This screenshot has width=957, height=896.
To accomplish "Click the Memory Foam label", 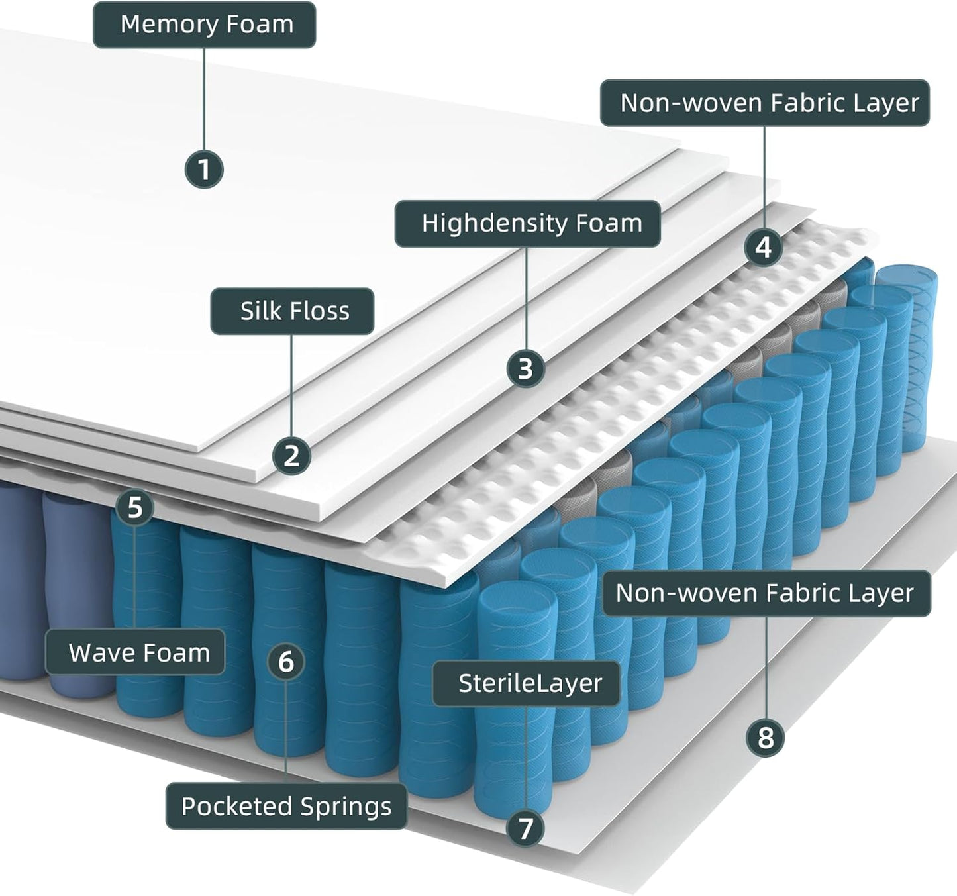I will (204, 25).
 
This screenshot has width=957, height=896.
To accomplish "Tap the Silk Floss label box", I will (292, 311).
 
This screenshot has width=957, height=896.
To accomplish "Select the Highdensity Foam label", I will (528, 224).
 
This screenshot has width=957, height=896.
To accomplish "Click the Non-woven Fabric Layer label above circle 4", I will (765, 103).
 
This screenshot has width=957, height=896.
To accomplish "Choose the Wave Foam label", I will (135, 653).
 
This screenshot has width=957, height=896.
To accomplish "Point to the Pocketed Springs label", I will (286, 807).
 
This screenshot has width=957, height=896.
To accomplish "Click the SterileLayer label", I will (527, 683).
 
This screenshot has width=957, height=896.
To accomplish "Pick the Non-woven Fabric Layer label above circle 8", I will (766, 593).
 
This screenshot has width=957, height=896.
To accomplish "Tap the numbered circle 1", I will (204, 169).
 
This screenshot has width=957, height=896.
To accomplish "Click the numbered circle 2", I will (292, 456).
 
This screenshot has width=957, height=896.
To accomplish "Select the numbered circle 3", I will (526, 368).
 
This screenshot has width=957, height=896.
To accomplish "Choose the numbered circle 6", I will (286, 661).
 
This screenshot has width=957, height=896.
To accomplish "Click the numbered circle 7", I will (526, 828).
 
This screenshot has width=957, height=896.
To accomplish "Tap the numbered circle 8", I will (766, 737).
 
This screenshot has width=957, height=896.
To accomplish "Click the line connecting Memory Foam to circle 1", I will (204, 99).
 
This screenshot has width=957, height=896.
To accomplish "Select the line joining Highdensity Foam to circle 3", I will (527, 298).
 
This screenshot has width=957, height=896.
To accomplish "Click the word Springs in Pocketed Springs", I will (345, 807).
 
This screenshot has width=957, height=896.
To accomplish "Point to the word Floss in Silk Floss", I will (322, 311).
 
